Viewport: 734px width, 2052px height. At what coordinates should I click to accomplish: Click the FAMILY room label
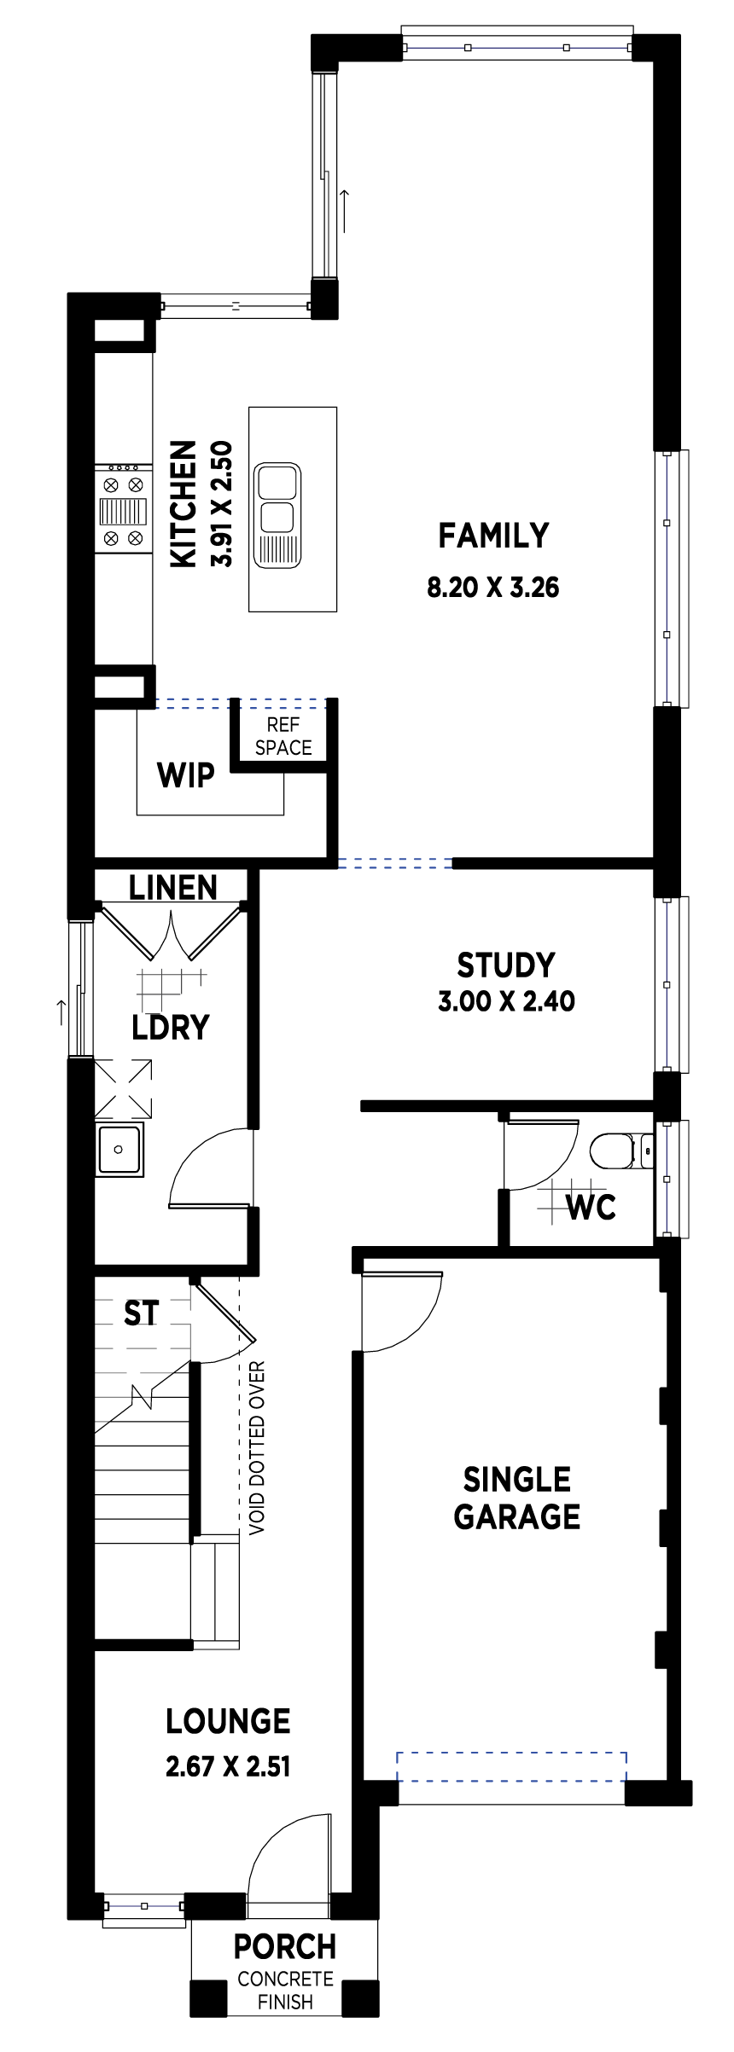(x=493, y=536)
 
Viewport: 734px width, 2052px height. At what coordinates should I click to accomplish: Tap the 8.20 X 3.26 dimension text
(x=493, y=587)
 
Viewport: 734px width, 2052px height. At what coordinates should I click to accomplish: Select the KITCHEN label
(x=183, y=503)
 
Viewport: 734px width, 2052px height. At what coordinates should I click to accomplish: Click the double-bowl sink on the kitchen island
(x=277, y=515)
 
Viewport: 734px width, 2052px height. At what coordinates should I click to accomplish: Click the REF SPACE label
(x=283, y=736)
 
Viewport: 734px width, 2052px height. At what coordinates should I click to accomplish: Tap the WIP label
(x=186, y=775)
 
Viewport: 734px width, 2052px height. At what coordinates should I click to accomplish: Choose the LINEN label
(x=173, y=888)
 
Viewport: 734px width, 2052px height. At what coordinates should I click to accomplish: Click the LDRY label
(x=171, y=1027)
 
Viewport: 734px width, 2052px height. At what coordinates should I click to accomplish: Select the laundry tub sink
(x=119, y=1149)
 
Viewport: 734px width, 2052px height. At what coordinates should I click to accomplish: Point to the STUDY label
(x=506, y=965)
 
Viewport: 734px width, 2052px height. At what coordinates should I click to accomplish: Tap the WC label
(x=591, y=1207)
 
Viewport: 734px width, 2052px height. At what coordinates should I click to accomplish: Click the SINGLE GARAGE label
(x=517, y=1498)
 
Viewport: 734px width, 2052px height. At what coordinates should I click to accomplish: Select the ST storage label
(x=141, y=1313)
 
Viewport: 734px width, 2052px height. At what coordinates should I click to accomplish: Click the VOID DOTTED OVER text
(x=257, y=1448)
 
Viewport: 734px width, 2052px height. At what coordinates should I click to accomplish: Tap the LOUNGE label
(x=228, y=1721)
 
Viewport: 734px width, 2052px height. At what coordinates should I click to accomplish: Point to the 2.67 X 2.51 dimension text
(x=228, y=1765)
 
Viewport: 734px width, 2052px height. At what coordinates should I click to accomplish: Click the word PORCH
(x=285, y=1947)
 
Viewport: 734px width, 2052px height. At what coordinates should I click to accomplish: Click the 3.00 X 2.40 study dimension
(x=506, y=1000)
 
